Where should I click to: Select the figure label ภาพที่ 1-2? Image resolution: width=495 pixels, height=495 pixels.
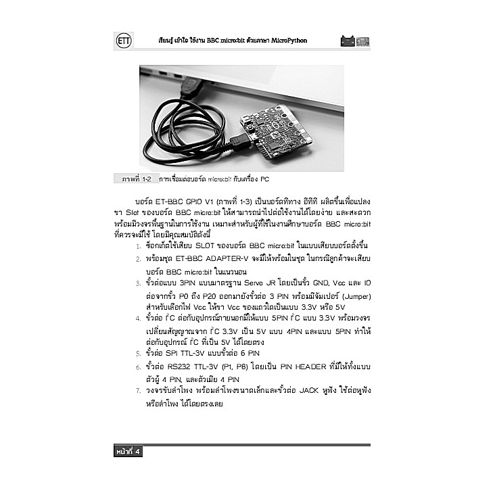click(136, 180)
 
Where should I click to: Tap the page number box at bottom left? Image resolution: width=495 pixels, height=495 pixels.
click(128, 452)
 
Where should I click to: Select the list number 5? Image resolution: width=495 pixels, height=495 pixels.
click(139, 354)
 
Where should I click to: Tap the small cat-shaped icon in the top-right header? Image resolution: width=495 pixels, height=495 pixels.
click(348, 41)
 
